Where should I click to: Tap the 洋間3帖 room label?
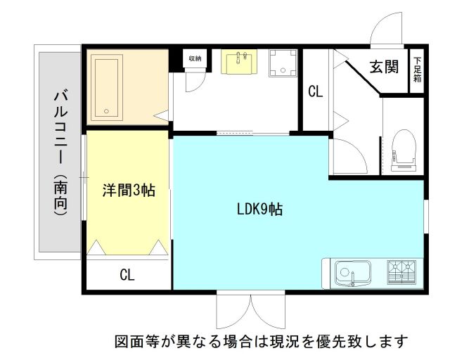129,189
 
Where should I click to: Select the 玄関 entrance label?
385,67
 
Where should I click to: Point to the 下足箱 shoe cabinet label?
418,69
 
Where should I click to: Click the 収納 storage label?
194,58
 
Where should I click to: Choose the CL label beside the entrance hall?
316,91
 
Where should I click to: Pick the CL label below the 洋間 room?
127,275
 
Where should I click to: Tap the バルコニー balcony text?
60,126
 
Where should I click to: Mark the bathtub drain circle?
106,110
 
